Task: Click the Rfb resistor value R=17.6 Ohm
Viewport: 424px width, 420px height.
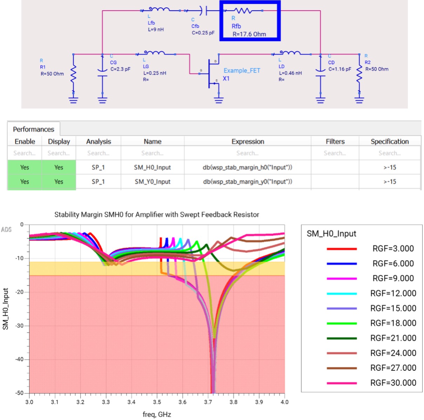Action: [249, 34]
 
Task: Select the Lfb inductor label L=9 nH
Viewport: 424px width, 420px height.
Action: [156, 29]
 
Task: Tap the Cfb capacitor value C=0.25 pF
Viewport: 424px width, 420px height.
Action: [203, 33]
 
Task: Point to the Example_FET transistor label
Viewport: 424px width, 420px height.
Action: [242, 71]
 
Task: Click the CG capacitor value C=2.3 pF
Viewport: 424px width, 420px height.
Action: [120, 69]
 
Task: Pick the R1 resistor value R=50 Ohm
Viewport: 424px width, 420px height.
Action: [52, 74]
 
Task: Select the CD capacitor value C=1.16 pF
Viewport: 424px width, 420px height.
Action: [340, 69]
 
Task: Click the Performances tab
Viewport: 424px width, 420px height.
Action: [34, 129]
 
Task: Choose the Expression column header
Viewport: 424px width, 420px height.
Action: [248, 141]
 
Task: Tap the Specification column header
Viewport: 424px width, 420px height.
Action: [390, 141]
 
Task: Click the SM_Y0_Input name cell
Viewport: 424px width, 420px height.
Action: [152, 181]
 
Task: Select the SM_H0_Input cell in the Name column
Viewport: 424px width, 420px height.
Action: [152, 167]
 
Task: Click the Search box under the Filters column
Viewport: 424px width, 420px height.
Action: [335, 153]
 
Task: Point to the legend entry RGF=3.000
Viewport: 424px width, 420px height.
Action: [393, 249]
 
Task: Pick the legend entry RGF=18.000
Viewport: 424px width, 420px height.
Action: [393, 323]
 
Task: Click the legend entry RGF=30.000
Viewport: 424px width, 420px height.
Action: [393, 383]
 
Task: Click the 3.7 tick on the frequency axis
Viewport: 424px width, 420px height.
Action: [208, 402]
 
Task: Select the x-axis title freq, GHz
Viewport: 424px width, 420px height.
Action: [157, 414]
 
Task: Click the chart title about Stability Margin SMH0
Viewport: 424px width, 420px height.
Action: [157, 214]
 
